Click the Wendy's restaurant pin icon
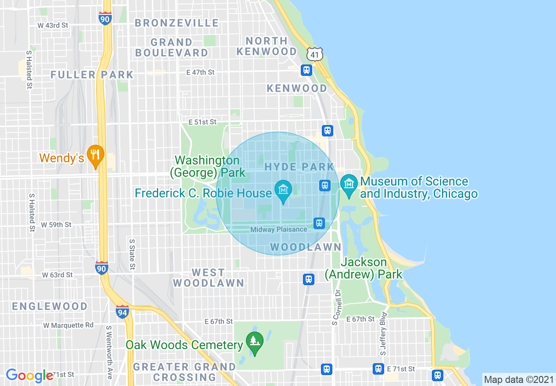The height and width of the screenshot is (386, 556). coord(95,155)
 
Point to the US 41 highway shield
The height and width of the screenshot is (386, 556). coord(314,54)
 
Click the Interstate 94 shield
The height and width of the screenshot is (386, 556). coord(122,312)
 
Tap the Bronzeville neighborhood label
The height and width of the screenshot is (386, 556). coord(177,23)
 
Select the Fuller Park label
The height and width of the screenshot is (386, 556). coord(92,75)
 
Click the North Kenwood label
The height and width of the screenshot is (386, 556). coord(267,46)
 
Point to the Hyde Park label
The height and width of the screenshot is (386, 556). coord(299,167)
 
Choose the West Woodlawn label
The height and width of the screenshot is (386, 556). coord(208,278)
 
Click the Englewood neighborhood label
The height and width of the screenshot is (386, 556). coord(50,306)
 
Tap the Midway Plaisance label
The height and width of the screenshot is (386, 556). coord(278,229)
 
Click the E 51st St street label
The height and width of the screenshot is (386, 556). coord(203,122)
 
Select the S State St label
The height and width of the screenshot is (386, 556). coord(132,254)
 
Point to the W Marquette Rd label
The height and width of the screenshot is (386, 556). coord(68,325)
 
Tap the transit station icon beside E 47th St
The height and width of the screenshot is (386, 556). coord(306,70)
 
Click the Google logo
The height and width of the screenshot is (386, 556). coord(29,375)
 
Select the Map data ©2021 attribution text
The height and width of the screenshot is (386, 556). coord(519,379)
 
